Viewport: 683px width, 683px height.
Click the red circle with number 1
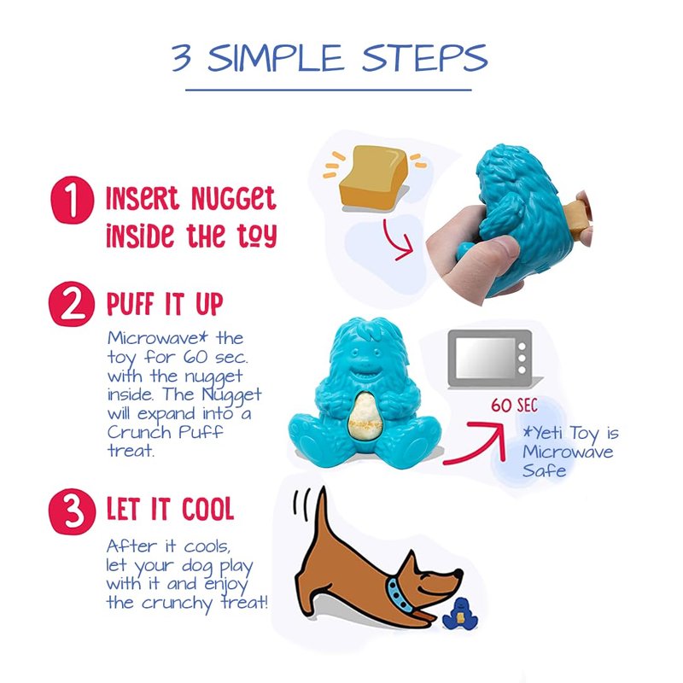[73, 200]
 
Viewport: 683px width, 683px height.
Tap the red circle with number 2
[72, 304]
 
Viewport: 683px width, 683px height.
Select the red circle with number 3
[72, 511]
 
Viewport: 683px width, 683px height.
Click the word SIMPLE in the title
[275, 58]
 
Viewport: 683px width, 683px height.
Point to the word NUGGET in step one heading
[233, 199]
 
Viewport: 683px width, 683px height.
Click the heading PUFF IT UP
[165, 304]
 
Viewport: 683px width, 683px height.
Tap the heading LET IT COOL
[170, 509]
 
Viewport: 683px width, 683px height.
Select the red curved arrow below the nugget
[397, 240]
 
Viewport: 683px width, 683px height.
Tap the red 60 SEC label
[515, 405]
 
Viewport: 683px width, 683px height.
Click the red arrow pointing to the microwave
[479, 444]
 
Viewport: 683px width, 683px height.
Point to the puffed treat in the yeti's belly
[365, 417]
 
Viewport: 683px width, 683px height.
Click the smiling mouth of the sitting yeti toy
[365, 374]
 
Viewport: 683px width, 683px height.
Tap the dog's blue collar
[400, 595]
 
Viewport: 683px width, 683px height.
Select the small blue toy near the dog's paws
[460, 615]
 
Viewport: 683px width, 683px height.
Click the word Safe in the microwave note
[544, 470]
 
